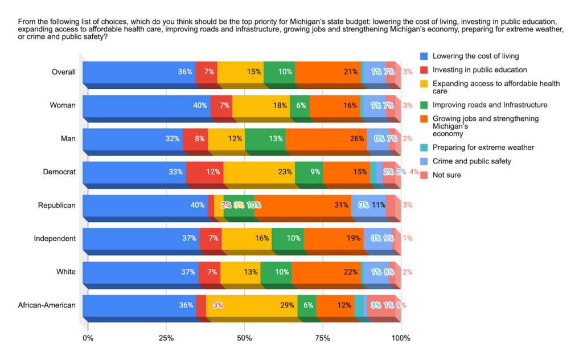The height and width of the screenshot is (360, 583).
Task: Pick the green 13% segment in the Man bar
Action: (x=265, y=139)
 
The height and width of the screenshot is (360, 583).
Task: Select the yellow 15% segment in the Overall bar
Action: (x=240, y=72)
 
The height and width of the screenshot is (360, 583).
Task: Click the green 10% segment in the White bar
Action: (x=276, y=272)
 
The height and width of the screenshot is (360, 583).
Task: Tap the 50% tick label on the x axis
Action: (x=244, y=339)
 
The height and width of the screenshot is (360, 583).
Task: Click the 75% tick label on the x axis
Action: (x=322, y=339)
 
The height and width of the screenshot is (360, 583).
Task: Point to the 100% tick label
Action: (x=401, y=339)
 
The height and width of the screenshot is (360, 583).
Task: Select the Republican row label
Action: (x=56, y=205)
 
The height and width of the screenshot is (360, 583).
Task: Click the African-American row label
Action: (x=47, y=305)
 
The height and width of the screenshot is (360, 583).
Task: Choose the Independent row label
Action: (x=55, y=238)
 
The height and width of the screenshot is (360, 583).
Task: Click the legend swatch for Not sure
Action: (x=424, y=175)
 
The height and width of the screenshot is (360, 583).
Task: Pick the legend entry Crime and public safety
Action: (x=472, y=161)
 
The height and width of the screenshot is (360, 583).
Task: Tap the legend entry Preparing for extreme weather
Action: (x=483, y=148)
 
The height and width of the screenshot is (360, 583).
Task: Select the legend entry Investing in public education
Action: (x=480, y=70)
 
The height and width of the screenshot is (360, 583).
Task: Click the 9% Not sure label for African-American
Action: (x=401, y=305)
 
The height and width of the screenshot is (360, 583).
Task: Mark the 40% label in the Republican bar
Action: (x=198, y=206)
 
